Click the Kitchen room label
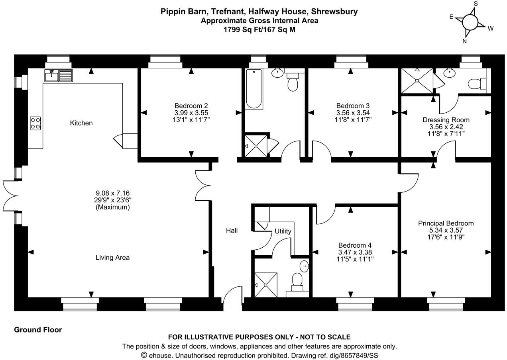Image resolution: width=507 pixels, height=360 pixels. [81, 123]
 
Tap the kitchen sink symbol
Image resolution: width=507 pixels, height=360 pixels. [59, 75]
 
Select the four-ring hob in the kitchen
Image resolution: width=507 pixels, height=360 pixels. [35, 123]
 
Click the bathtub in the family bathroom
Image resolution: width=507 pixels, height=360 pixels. [254, 89]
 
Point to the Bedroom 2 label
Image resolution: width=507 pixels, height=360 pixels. [191, 106]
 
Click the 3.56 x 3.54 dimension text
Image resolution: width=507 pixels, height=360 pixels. [353, 112]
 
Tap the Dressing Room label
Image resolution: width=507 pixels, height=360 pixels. [446, 120]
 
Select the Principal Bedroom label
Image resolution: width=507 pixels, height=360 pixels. [446, 223]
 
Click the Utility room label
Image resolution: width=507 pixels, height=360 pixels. [283, 231]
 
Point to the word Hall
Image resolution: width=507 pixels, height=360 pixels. [232, 231]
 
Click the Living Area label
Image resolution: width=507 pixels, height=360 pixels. [112, 258]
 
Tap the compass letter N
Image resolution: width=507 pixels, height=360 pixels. [464, 41]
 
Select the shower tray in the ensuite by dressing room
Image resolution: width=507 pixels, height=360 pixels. [417, 81]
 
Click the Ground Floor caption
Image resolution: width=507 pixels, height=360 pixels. [38, 330]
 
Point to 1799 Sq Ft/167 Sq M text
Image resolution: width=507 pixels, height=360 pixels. [259, 29]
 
